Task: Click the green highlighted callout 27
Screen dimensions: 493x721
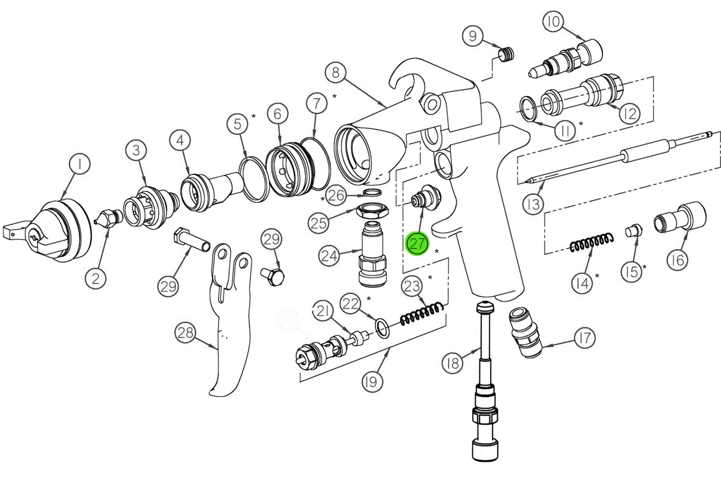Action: click(x=417, y=243)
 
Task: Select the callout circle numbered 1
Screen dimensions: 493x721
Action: click(x=79, y=164)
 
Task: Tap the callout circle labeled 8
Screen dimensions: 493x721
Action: click(x=336, y=73)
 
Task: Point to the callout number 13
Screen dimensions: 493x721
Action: click(x=533, y=204)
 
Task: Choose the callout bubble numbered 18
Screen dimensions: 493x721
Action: click(x=453, y=362)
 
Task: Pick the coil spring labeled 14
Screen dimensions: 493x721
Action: click(x=592, y=243)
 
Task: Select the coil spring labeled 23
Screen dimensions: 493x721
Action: click(x=422, y=314)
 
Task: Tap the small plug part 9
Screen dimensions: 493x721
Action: click(x=506, y=55)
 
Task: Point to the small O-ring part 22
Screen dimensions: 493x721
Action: click(x=383, y=327)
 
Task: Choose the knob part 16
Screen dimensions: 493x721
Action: click(x=681, y=218)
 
